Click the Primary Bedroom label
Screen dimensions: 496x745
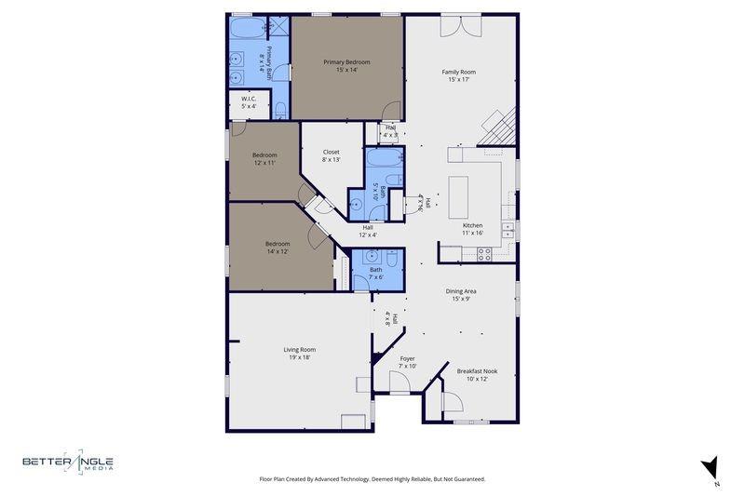pyautogui.click(x=340, y=62)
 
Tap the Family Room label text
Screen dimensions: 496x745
pyautogui.click(x=458, y=72)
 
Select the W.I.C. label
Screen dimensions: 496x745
pyautogui.click(x=249, y=99)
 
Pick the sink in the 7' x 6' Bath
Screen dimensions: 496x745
pyautogui.click(x=372, y=257)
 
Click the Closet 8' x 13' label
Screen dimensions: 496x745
pyautogui.click(x=331, y=152)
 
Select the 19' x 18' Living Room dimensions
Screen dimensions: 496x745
pyautogui.click(x=299, y=357)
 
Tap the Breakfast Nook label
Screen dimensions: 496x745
pyautogui.click(x=477, y=371)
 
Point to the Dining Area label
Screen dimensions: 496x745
pyautogui.click(x=461, y=291)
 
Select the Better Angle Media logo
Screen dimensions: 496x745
pyautogui.click(x=68, y=462)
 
